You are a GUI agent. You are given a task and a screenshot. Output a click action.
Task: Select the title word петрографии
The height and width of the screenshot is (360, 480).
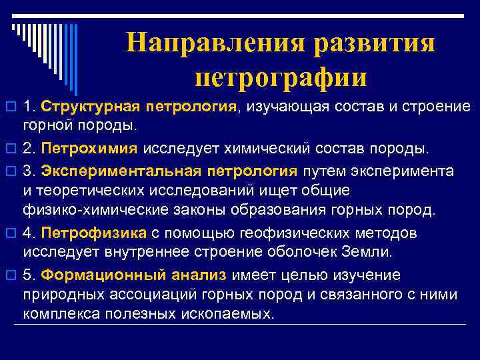[281, 77]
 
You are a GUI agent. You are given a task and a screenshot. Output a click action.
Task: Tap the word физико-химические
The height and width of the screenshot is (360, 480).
[88, 211]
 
